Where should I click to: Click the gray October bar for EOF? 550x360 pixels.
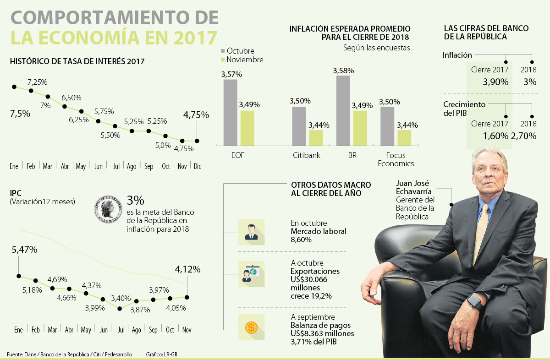coord(231,112)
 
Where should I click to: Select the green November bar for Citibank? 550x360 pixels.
coord(315,137)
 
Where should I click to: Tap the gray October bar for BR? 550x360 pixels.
coord(343,110)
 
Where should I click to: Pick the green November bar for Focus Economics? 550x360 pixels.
coord(404,137)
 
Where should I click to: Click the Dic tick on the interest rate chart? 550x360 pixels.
coord(198,166)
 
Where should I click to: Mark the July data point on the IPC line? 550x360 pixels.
coord(120,308)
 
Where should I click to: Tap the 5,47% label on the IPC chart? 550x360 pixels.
coord(25,250)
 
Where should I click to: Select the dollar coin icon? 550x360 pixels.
coord(251,327)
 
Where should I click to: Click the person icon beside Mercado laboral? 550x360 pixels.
coord(251,231)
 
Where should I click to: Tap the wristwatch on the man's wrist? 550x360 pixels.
coord(474,301)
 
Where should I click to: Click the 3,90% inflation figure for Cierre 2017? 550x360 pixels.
coord(495,82)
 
